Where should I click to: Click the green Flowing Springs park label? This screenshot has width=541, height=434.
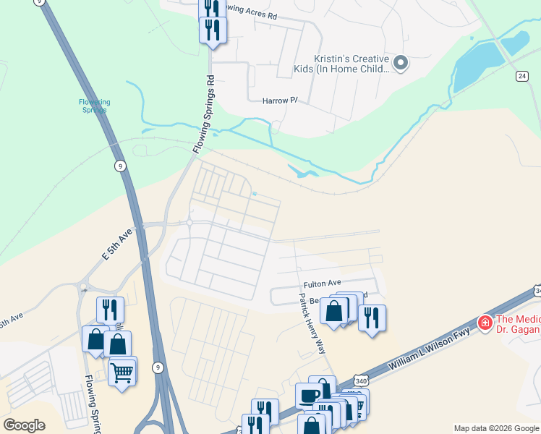(94, 106)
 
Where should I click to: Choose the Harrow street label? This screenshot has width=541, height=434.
(279, 101)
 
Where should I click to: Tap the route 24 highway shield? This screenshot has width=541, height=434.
(521, 76)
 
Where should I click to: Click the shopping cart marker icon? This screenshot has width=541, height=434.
(122, 373)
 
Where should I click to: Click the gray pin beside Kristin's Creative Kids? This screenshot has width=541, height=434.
(401, 64)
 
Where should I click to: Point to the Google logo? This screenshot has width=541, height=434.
(25, 425)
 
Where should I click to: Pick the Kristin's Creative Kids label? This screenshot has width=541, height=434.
(352, 64)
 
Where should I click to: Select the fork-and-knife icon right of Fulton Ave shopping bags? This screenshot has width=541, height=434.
(371, 317)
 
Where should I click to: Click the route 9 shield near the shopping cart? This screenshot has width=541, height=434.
(158, 367)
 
